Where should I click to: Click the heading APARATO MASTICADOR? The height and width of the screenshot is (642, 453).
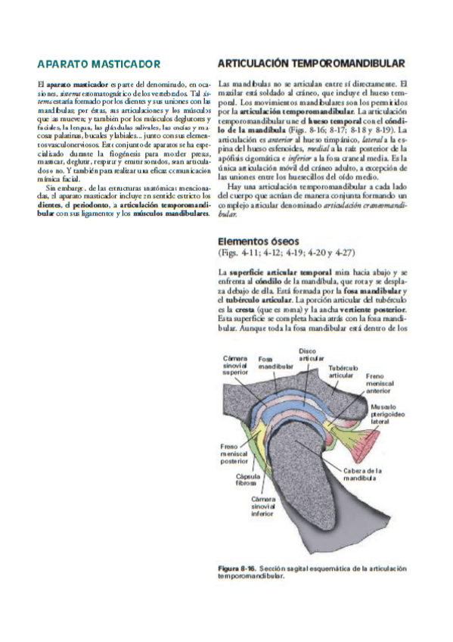[98, 64]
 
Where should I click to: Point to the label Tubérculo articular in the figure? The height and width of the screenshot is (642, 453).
[342, 371]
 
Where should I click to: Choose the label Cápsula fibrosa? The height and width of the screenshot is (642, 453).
[245, 479]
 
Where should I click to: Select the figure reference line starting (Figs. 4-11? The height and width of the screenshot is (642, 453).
[285, 253]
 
